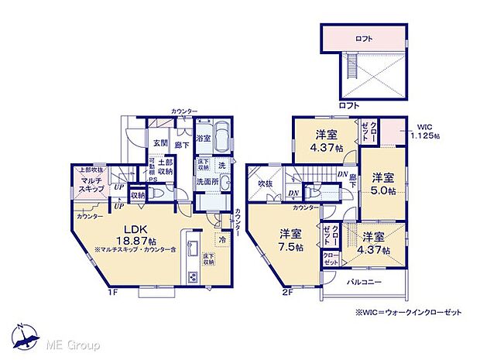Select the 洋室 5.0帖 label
pos(381,183)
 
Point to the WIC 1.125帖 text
pos(426,132)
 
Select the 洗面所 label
pos(204,182)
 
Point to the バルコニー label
pos(364,283)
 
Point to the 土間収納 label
pos(166,166)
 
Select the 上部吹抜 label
pos(90,170)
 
